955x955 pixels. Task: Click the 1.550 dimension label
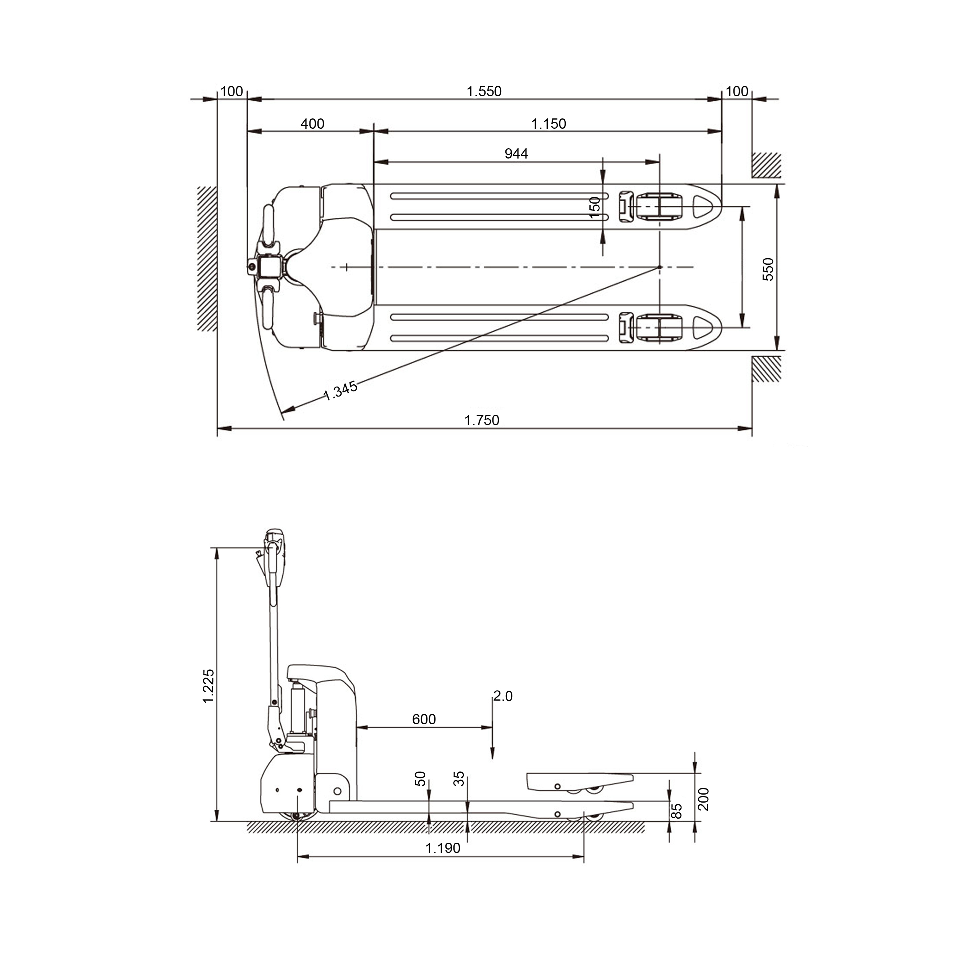[x=484, y=91]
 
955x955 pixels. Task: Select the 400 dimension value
[x=312, y=123]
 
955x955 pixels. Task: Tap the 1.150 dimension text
[x=549, y=123]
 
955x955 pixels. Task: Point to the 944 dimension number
[x=516, y=154]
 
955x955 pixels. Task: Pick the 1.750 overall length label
[x=482, y=420]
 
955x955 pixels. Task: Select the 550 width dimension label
[x=768, y=269]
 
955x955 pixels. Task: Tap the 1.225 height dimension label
[x=209, y=686]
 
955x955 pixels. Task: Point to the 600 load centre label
[x=424, y=719]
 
